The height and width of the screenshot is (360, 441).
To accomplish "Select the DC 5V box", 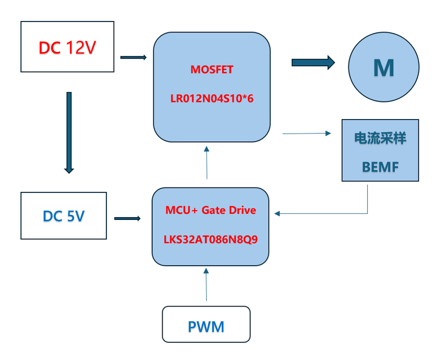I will click(x=63, y=216).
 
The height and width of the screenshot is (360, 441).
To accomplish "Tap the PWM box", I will click(x=206, y=325).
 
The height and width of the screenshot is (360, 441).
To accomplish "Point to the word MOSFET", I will click(x=212, y=70).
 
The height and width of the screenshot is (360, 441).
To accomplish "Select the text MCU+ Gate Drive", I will click(x=211, y=211).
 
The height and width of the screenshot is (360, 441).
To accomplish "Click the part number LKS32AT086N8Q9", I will click(x=211, y=240).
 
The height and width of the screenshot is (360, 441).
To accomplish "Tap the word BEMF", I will click(x=380, y=166).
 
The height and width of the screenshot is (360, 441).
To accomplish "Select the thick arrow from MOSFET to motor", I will click(x=313, y=62).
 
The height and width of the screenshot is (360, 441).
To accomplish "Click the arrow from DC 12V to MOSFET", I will click(x=133, y=57).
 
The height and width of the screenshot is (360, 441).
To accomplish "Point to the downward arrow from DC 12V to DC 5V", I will click(x=69, y=132).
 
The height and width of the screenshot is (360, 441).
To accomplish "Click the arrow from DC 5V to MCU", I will click(x=127, y=218).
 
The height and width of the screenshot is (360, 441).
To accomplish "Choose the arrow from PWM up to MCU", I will click(x=207, y=284).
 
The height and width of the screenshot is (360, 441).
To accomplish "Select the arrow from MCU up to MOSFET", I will click(x=207, y=162).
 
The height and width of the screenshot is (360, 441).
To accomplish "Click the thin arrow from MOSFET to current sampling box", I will click(x=306, y=133).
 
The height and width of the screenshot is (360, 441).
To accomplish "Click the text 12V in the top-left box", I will click(x=81, y=48).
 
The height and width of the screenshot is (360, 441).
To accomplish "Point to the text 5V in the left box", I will click(x=76, y=216).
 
